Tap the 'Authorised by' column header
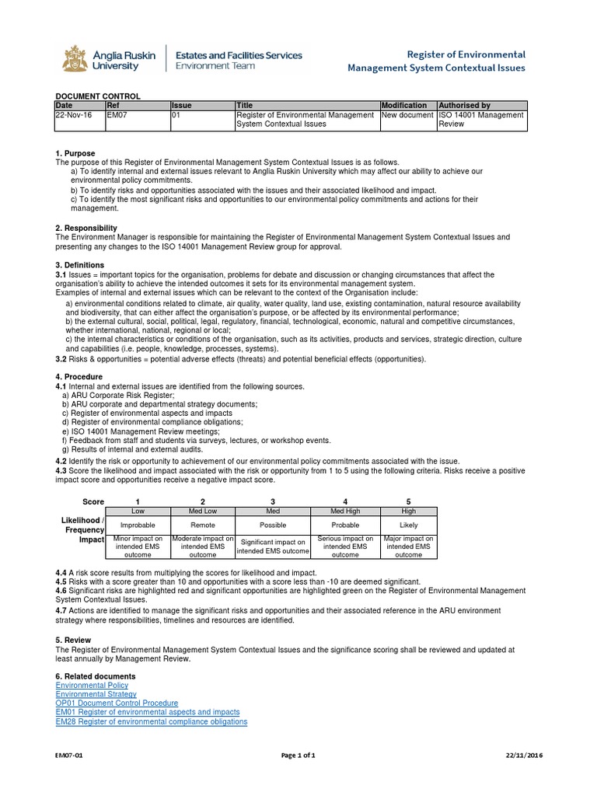click(x=464, y=105)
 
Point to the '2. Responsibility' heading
click(x=86, y=228)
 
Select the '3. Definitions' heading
click(x=80, y=265)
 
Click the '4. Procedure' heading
click(x=79, y=377)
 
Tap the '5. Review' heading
click(x=74, y=640)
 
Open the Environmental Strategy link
click(x=96, y=694)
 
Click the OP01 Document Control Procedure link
click(x=117, y=703)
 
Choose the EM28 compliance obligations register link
click(x=152, y=721)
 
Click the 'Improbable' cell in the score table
click(x=138, y=525)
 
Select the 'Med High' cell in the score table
click(x=345, y=511)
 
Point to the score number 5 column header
click(x=409, y=501)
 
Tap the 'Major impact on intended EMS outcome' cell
click(x=409, y=546)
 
